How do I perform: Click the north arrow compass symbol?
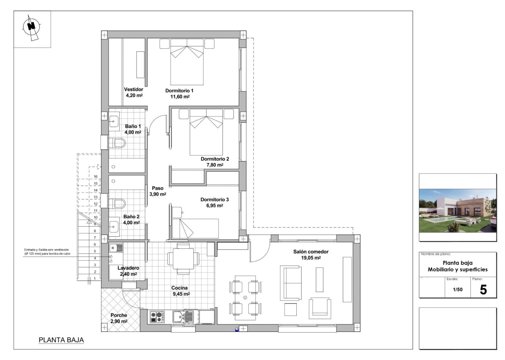coord(31,27)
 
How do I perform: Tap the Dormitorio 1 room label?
coord(179,90)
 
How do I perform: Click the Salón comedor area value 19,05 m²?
coord(311,257)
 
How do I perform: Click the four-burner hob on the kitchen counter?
coord(157,317)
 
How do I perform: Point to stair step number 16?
coord(96,177)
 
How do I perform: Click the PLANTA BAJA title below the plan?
coord(61,340)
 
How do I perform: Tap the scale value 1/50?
coord(457,290)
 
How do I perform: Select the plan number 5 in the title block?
coord(483,290)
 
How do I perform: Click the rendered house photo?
coord(457,211)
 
